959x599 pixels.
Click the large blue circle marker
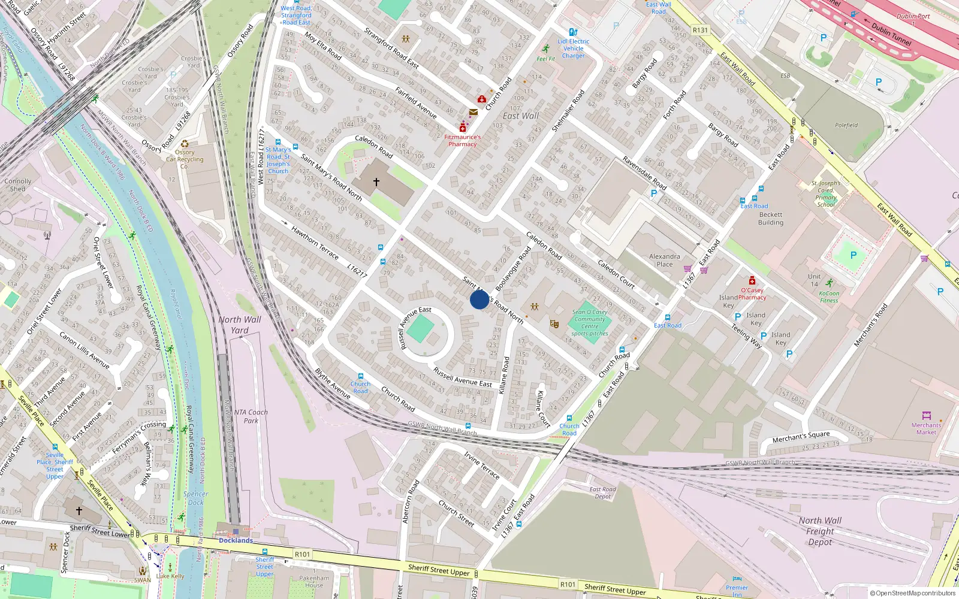[479, 299]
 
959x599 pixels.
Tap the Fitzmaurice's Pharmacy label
[462, 140]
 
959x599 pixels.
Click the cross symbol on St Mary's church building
[376, 181]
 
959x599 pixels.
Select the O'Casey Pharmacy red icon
[752, 281]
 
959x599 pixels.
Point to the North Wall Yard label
[240, 325]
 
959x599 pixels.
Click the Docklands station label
[236, 540]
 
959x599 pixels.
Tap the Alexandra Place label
[664, 260]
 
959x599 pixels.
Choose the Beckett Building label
[771, 219]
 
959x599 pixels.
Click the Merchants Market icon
[926, 415]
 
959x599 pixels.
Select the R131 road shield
[700, 30]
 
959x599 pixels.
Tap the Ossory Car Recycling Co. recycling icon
[185, 144]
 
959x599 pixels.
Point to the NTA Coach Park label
[251, 416]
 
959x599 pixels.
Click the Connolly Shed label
[18, 185]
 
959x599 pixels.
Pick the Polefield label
[846, 125]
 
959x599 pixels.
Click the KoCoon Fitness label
[829, 297]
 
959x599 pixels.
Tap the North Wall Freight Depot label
[820, 531]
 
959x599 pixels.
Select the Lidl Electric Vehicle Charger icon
[573, 32]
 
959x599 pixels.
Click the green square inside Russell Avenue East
[420, 329]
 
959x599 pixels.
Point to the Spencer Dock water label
[195, 498]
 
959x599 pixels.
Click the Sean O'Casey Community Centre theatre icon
[554, 324]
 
